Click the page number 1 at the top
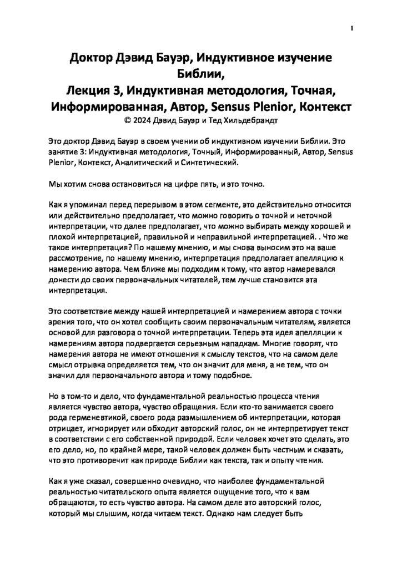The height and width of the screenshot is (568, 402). [x=352, y=29]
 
